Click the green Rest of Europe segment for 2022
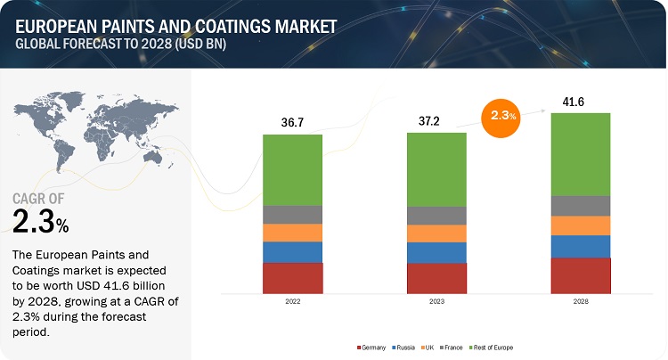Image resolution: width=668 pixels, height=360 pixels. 292,170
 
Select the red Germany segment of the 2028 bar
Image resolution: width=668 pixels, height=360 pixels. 581,275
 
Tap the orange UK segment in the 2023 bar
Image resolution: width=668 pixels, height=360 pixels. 436,233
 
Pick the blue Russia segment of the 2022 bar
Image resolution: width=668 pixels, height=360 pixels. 292,252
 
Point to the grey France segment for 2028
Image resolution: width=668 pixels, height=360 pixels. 581,206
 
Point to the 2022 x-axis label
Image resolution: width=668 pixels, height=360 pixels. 292,302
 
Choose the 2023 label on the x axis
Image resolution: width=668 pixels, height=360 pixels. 436,302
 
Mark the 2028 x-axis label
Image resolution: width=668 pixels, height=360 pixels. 581,302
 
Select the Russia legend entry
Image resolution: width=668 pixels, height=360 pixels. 404,347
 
